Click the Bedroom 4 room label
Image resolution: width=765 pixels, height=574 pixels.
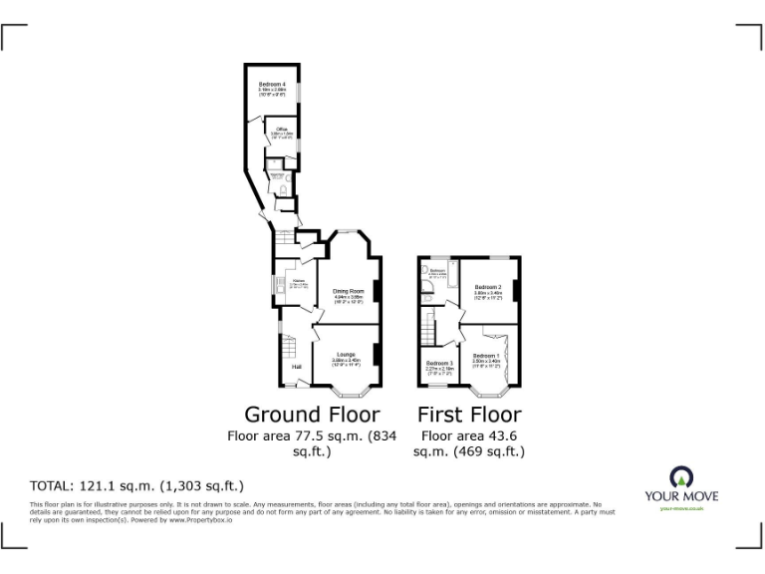pos(273,84)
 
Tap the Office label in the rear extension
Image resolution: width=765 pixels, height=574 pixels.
pos(282,130)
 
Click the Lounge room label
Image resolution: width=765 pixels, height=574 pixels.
pos(346,355)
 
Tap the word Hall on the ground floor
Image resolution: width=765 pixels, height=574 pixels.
pos(296,367)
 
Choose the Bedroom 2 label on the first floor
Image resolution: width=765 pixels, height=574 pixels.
pos(486,287)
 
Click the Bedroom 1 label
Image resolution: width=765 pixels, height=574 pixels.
pos(485,356)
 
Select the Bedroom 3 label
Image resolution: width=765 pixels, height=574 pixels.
pos(438,363)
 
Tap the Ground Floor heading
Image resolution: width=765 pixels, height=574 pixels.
pos(312,414)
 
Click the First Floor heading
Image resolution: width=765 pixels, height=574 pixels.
pos(468,414)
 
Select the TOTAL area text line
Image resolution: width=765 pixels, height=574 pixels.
pos(137,486)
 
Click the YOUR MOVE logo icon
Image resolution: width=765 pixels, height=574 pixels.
pos(681,476)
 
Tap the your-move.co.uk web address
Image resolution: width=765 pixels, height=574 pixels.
pos(681,508)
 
